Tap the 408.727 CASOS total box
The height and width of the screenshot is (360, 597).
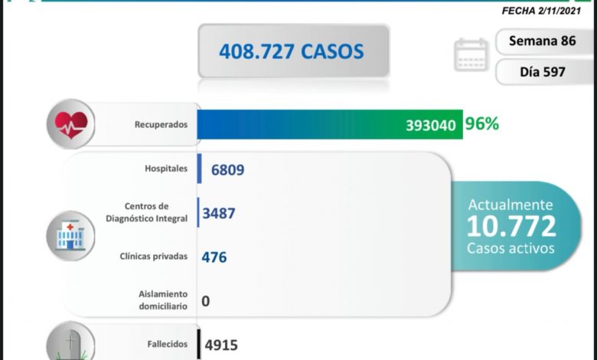[294, 51]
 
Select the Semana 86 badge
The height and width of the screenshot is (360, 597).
[543, 41]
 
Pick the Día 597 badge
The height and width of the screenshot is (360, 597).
[543, 71]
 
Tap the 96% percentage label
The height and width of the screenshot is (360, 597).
[483, 123]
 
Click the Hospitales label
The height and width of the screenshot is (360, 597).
[165, 169]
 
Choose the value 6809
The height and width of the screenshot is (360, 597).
[224, 169]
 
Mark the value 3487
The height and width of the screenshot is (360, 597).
[219, 213]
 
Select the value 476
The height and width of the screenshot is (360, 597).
[214, 257]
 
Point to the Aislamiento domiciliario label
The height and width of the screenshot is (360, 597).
[163, 299]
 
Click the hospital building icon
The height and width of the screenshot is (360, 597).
[70, 232]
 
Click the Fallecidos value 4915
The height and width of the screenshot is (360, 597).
[223, 345]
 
